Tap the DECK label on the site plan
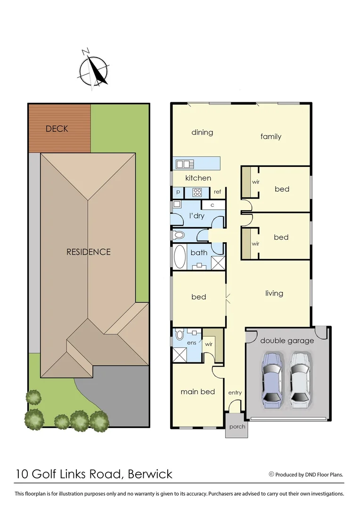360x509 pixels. (57, 129)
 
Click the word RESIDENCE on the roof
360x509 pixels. (89, 252)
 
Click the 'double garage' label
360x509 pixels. (286, 340)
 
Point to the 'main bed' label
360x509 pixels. (197, 391)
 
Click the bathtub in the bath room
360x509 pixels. (180, 256)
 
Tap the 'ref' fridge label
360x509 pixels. (217, 192)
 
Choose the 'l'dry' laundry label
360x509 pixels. (196, 215)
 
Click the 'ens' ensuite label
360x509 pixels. (192, 343)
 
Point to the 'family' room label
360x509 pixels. (271, 137)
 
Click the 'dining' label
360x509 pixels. (202, 132)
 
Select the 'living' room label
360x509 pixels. (274, 293)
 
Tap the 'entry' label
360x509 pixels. (235, 393)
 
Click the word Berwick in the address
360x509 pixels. (150, 474)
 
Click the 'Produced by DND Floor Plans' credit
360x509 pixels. (306, 475)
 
